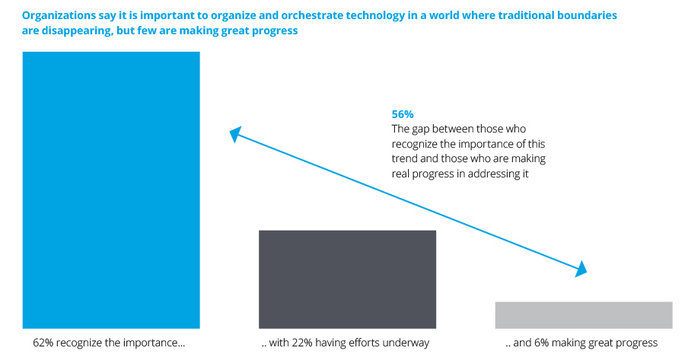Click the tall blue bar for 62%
pos(111,190)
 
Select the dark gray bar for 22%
pos(347,279)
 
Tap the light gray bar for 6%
pos(583,315)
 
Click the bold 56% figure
pos(403,114)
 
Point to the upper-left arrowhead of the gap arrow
pos(235,135)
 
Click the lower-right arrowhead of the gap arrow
pos(581,269)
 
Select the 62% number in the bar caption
pos(43,343)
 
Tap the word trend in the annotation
pos(405,158)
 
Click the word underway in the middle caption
pos(408,343)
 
